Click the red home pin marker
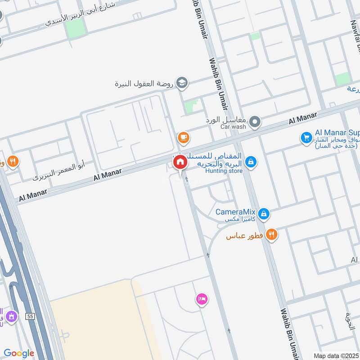[180, 162]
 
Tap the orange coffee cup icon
[182, 137]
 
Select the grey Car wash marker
[255, 121]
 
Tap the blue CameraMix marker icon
[264, 214]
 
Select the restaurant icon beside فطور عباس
[271, 234]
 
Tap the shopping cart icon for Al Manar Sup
[306, 137]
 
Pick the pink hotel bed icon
[202, 299]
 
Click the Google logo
[19, 353]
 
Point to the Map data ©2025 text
[336, 355]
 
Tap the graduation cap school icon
[182, 82]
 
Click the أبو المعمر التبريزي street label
[58, 171]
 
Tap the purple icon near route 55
[11, 317]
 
